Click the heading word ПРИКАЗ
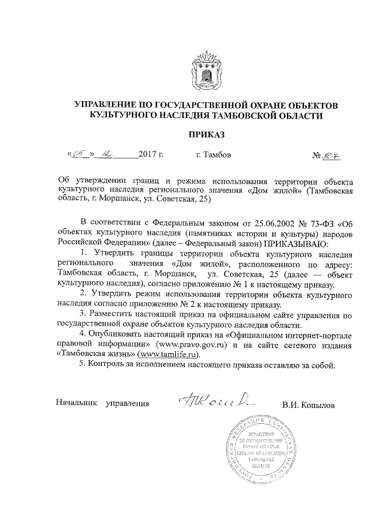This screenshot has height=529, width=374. click(205, 136)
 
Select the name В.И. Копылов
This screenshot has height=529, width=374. click(308, 404)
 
